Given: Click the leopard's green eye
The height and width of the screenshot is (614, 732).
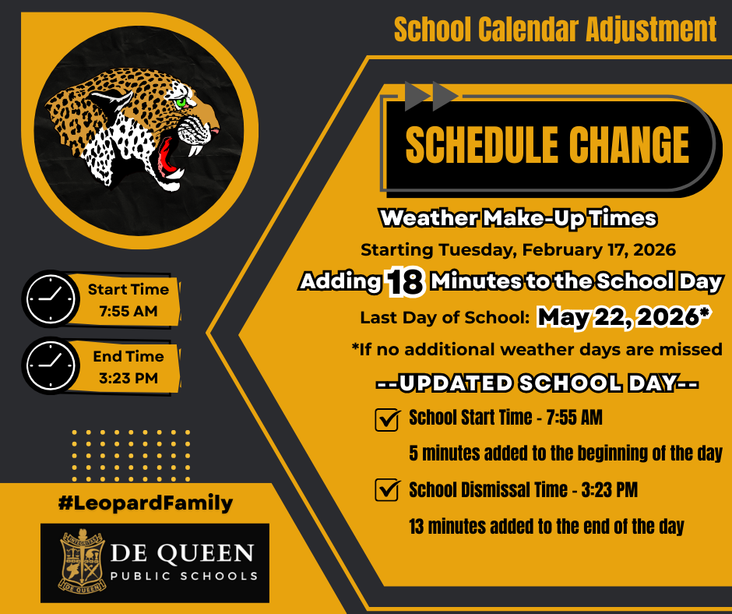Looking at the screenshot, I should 182,101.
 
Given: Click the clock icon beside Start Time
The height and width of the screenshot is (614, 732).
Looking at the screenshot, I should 51,298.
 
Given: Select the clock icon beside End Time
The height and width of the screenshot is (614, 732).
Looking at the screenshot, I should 51,365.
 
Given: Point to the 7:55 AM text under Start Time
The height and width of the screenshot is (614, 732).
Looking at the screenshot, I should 128,312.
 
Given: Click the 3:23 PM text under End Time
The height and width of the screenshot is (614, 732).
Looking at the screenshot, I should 128,379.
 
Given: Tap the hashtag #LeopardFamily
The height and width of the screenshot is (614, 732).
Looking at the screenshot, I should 146,503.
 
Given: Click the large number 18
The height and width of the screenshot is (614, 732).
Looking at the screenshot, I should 405,283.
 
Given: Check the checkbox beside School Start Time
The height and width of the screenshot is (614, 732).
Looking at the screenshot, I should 387,419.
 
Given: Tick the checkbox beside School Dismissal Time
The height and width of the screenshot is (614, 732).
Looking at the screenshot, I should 387,490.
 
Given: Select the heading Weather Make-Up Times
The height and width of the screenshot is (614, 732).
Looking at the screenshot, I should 518,218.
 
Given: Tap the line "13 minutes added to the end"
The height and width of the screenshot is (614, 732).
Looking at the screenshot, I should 546,527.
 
